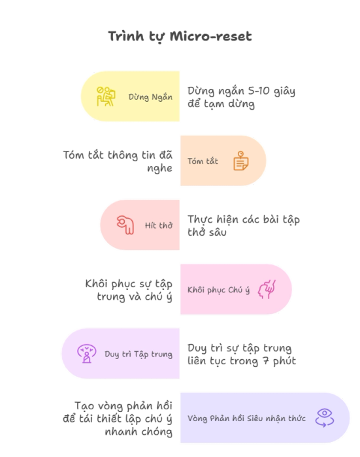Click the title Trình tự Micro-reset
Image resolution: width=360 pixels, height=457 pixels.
tap(180, 37)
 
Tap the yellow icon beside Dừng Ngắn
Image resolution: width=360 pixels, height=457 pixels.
tap(106, 97)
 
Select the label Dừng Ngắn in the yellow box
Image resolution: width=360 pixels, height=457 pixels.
tap(150, 97)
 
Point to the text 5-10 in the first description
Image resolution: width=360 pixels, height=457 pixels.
tap(259, 91)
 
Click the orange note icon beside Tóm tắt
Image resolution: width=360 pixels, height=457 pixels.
tap(241, 161)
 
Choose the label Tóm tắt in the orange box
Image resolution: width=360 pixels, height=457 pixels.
tap(203, 161)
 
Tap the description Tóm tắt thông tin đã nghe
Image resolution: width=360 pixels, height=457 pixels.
tap(118, 161)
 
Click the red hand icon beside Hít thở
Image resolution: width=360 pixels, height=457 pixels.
tap(125, 225)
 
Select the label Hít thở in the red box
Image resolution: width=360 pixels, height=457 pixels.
tap(159, 225)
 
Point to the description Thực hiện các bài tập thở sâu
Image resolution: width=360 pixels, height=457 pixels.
tap(244, 226)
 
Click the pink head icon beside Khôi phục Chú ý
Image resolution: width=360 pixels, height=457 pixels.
tap(267, 289)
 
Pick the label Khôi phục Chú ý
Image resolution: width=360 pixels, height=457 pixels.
tap(218, 290)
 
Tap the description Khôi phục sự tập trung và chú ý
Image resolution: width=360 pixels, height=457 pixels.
tap(129, 291)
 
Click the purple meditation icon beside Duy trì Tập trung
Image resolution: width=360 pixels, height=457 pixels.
tap(87, 354)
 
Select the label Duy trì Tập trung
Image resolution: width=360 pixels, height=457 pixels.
tap(139, 355)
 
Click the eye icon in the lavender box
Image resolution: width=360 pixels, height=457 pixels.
tap(325, 418)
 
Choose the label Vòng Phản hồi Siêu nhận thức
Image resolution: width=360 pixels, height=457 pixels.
tap(246, 418)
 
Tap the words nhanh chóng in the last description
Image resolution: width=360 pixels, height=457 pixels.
tap(139, 432)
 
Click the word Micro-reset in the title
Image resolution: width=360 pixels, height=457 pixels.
tap(210, 37)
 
